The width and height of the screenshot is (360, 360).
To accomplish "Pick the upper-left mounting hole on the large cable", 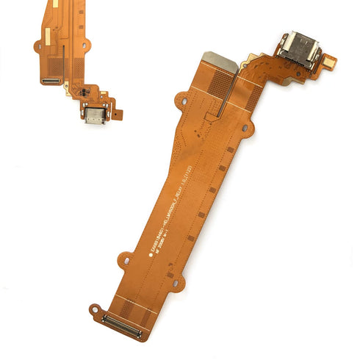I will pyautogui.click(x=181, y=98).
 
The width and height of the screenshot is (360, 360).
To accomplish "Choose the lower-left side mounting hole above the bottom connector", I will pyautogui.click(x=126, y=259).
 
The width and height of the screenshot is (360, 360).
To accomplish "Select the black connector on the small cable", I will pyautogui.click(x=52, y=76).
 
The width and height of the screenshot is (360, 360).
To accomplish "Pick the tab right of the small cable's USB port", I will pyautogui.click(x=118, y=115).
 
